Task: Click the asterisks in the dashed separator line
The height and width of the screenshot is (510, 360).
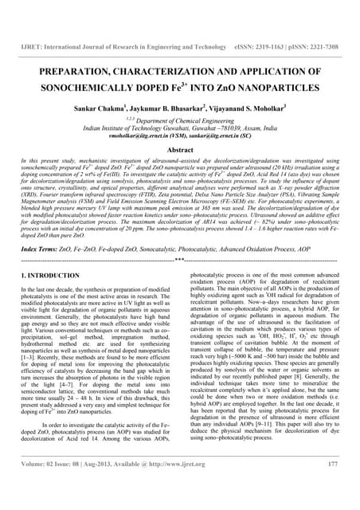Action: [x=180, y=260]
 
